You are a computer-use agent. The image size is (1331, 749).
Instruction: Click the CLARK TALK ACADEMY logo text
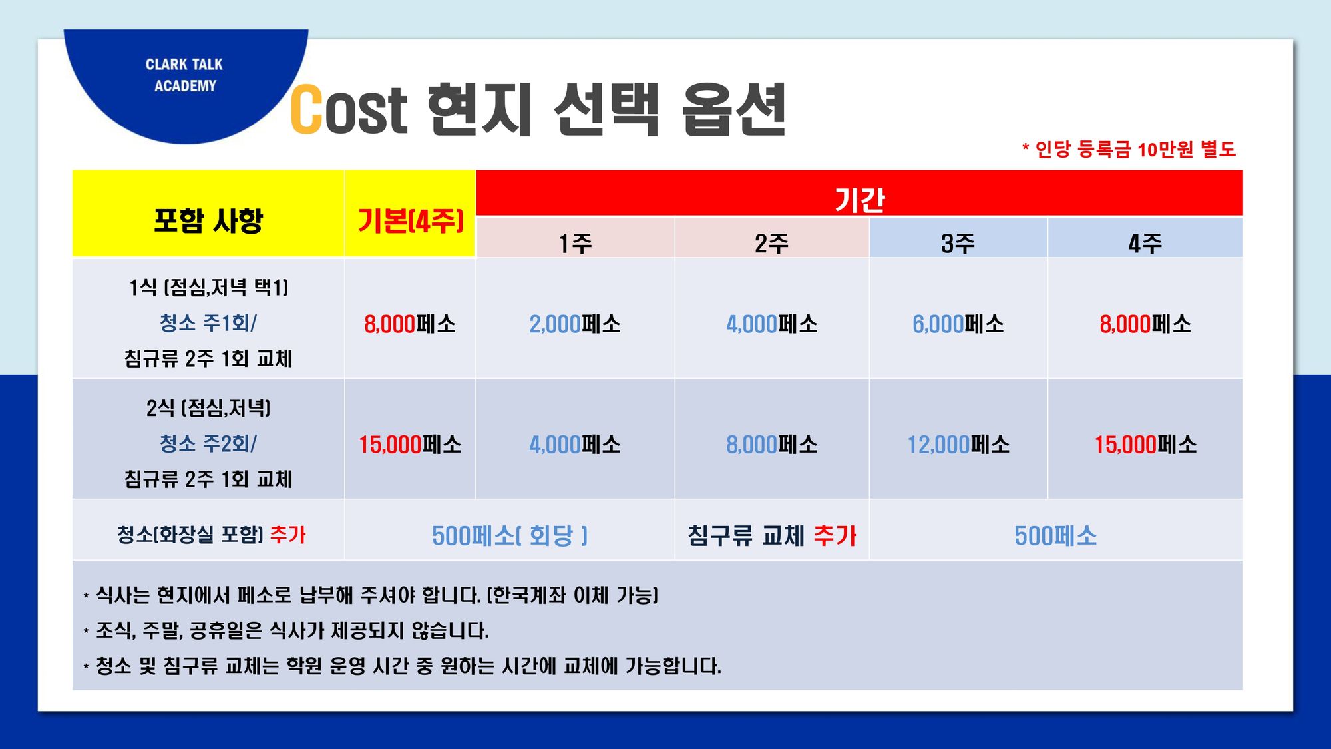184,75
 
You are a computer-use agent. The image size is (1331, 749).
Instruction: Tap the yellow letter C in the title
307,109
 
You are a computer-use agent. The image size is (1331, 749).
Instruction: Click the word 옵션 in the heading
734,110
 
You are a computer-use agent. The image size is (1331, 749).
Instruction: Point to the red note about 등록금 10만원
1129,149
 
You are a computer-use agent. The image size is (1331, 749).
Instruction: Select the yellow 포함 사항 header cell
208,214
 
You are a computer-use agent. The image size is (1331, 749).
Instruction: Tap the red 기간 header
860,194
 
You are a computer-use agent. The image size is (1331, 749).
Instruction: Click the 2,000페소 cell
575,324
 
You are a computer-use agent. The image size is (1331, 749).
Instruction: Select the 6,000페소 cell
958,324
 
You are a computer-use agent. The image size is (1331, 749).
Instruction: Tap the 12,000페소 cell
958,445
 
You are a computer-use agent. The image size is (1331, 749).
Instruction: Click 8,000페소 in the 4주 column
1145,324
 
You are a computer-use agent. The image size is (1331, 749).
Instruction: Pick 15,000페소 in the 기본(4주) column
410,445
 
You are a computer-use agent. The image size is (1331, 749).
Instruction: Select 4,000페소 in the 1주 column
575,445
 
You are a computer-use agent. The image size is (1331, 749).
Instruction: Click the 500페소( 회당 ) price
510,535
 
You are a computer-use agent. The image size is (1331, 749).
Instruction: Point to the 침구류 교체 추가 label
772,535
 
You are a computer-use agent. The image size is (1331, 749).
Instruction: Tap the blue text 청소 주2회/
208,443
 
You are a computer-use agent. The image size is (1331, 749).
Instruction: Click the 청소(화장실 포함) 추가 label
212,535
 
